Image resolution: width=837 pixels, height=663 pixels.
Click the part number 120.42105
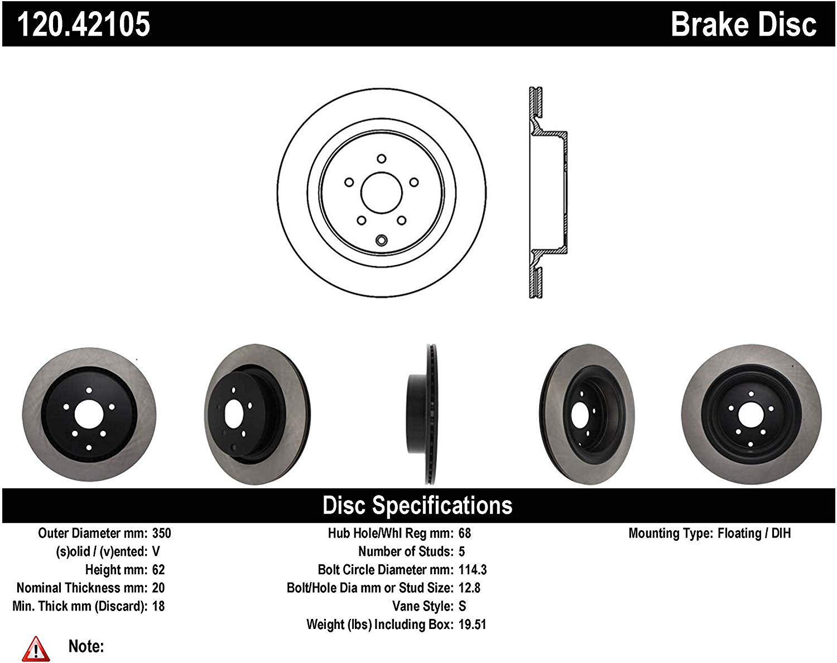(84, 24)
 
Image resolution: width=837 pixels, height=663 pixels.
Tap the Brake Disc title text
(743, 24)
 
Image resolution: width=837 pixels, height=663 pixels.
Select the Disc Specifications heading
(417, 505)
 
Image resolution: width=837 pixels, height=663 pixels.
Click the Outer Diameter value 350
(162, 533)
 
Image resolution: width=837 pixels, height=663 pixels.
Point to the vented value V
(156, 551)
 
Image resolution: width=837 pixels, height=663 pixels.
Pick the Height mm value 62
(158, 570)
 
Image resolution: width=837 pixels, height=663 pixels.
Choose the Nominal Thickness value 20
(158, 588)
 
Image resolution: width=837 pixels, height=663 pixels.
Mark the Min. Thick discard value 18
(158, 606)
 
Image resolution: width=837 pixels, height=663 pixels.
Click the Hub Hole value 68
(464, 533)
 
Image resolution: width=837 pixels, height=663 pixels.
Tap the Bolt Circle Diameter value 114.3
(472, 570)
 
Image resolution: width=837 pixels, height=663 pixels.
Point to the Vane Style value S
(462, 606)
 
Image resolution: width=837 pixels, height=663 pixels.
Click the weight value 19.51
(472, 624)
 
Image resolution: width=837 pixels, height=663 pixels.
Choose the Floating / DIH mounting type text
(754, 533)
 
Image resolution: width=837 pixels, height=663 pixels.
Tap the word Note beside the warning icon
(86, 646)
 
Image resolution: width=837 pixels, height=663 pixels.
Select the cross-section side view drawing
(546, 193)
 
